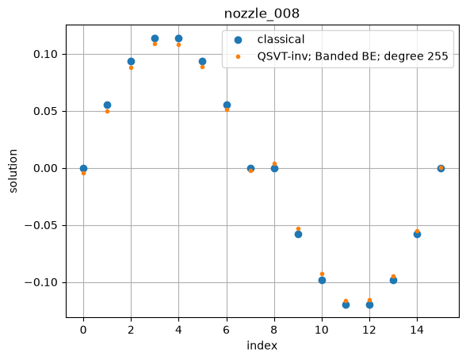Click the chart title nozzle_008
(262, 13)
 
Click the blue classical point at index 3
(155, 38)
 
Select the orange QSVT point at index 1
(107, 112)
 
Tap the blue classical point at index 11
(346, 304)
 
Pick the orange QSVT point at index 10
(322, 274)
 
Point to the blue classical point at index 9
(298, 234)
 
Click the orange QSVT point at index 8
(274, 164)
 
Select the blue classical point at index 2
(131, 62)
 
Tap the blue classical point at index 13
(393, 280)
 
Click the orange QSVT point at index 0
(83, 173)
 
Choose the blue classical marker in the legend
(238, 40)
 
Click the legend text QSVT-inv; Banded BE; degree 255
(353, 56)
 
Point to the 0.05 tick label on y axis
(45, 112)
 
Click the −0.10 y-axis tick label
(41, 282)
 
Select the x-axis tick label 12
(369, 330)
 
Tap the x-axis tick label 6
(227, 330)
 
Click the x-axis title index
(262, 346)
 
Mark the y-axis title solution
(13, 171)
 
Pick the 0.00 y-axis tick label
(45, 169)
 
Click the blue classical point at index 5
(202, 62)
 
